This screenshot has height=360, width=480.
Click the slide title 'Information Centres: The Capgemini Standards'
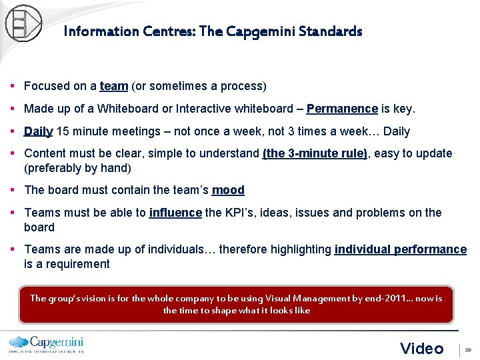[213, 31]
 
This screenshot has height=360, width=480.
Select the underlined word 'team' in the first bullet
[113, 86]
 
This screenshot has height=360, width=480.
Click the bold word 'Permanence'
[342, 109]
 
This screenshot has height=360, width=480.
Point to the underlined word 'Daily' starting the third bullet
[38, 131]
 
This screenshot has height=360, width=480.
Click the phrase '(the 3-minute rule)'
[315, 153]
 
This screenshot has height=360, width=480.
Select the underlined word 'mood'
[228, 190]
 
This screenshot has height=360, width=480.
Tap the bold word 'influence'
[175, 213]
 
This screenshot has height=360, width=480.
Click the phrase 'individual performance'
[400, 249]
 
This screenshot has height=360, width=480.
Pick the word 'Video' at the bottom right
[421, 348]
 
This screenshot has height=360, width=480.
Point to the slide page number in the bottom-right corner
[468, 349]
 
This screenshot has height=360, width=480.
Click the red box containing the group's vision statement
[236, 305]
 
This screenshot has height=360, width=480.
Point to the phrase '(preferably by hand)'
[77, 168]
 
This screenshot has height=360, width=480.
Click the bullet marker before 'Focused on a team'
[13, 86]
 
